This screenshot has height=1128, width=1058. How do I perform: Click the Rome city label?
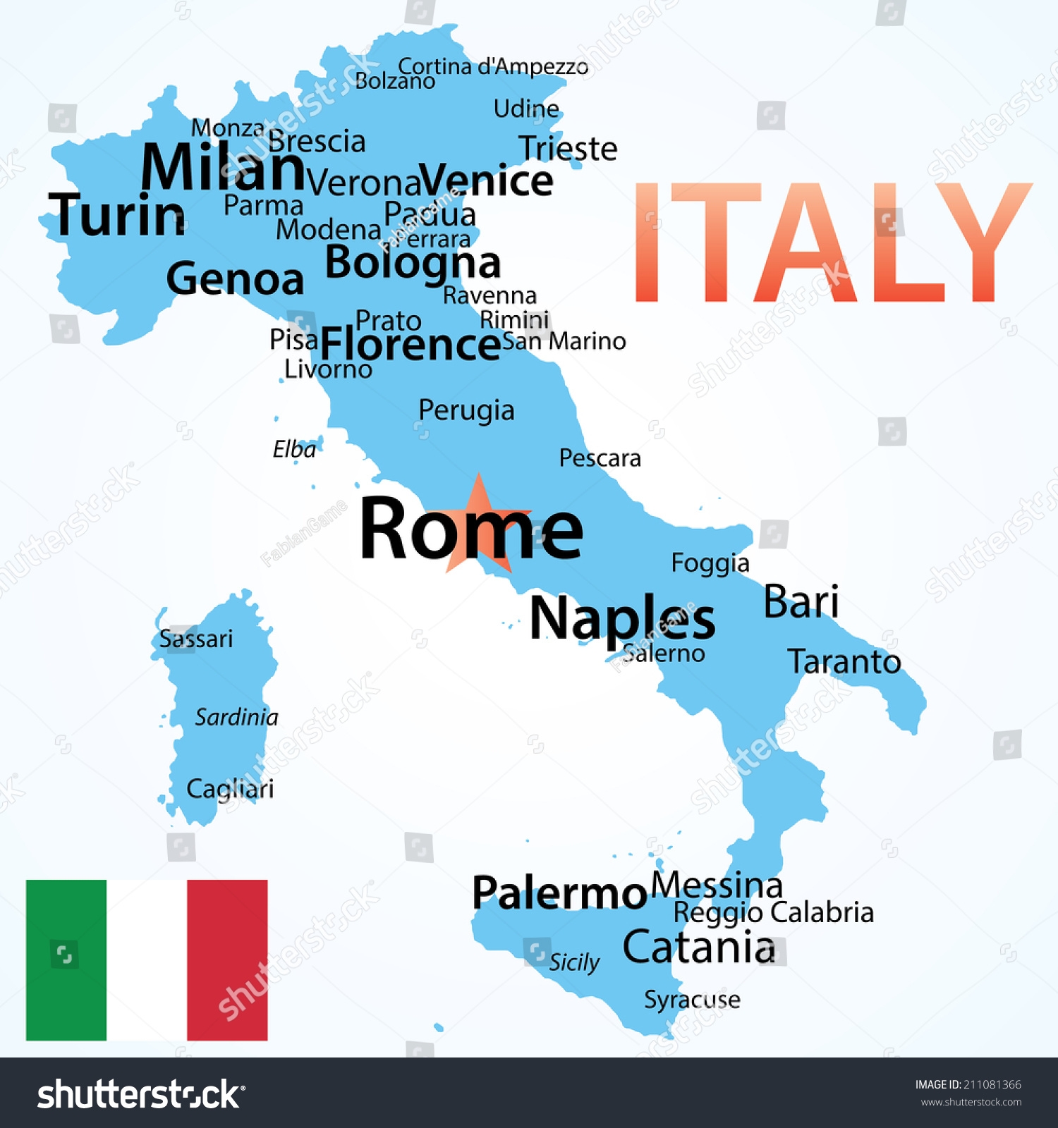coord(470,529)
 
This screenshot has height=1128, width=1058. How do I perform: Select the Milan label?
coord(222,167)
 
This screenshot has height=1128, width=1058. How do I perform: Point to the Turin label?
coord(117,215)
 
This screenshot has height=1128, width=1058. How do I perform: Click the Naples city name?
coord(622,618)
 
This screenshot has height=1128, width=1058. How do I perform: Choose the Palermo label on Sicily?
coord(559,893)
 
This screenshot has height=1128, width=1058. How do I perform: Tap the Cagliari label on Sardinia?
coord(230,789)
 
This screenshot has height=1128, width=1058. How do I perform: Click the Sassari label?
coord(195,639)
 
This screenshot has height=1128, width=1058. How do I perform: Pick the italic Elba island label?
coord(294,449)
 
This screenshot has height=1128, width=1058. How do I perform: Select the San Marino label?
coord(564,341)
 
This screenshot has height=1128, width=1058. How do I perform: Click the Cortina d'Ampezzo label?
coord(493,66)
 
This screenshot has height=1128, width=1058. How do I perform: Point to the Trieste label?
coord(568,149)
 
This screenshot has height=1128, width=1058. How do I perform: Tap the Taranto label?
coord(844,661)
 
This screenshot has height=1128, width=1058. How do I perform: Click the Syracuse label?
coord(692,999)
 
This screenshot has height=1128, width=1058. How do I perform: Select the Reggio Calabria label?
coord(773,912)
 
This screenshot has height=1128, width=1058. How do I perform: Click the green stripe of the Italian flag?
coord(66,960)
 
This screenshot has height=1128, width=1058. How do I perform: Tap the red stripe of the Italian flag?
coord(227,960)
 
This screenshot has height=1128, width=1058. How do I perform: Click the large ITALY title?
coord(832,243)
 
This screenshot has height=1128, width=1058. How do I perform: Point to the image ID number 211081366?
coord(992,1084)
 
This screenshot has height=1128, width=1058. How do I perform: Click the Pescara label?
coord(600,458)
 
